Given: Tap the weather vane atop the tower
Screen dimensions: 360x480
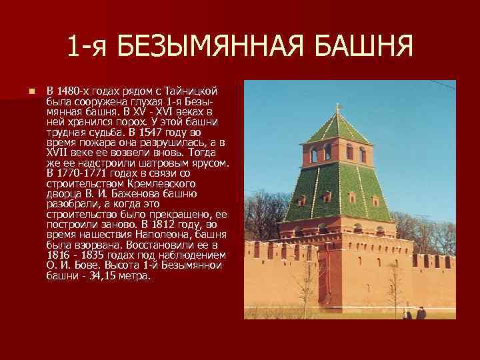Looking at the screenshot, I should coord(337,107).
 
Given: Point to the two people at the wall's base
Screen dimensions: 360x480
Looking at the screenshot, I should coord(413,313).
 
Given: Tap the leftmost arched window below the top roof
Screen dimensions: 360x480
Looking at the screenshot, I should coord(314,155).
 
